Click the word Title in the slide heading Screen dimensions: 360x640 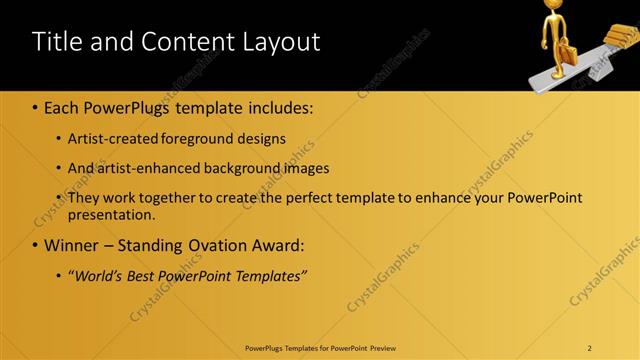click(57, 42)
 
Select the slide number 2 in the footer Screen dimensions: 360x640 click(590, 348)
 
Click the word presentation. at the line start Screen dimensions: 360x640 click(111, 214)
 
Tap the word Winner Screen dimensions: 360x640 click(71, 245)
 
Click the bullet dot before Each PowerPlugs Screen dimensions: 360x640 click(35, 108)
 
